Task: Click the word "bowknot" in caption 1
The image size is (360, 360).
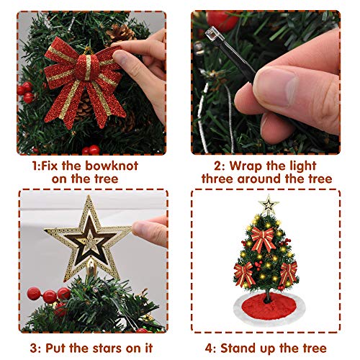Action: [112, 166]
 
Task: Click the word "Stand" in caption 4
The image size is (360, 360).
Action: [238, 348]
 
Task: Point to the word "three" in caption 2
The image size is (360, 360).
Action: [217, 179]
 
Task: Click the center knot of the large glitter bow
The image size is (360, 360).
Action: [87, 67]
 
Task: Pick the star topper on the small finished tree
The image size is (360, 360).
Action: [269, 204]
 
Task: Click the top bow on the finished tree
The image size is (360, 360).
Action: [263, 238]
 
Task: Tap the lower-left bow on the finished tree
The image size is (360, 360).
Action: [244, 274]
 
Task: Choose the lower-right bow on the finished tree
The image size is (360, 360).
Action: [288, 273]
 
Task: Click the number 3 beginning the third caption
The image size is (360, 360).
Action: [34, 348]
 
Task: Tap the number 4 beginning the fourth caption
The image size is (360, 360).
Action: [209, 348]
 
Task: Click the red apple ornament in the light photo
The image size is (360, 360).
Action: [222, 20]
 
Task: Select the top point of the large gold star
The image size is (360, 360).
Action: [89, 196]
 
